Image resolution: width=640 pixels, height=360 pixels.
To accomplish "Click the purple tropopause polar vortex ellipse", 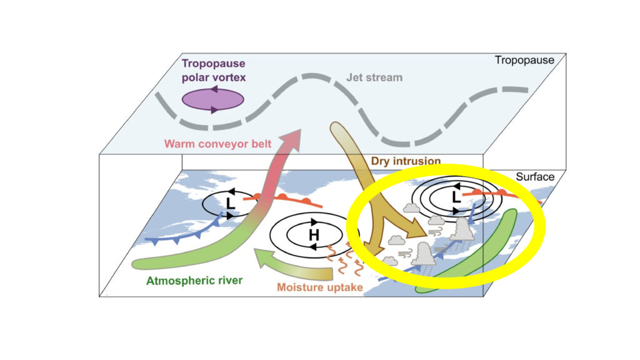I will [212, 100].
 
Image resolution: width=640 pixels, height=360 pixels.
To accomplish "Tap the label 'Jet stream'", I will [375, 78].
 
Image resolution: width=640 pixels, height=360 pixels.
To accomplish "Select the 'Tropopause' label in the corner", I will [524, 61].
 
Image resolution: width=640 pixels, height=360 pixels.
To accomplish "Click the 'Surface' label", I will [534, 177].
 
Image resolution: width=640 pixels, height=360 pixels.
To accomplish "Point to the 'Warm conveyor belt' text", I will [217, 144].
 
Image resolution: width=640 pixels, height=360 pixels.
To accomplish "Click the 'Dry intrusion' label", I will [406, 161].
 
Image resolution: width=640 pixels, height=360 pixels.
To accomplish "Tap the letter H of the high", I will [314, 235].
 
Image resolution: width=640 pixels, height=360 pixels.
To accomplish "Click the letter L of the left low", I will [231, 203].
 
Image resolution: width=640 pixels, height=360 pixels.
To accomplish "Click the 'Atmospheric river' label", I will [194, 280].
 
